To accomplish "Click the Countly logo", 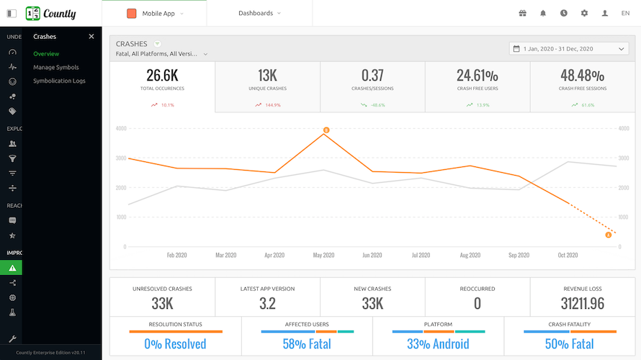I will tap(50, 13).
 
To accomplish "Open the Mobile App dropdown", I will tap(154, 13).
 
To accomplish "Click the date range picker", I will tap(569, 48).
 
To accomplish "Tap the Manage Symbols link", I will tap(56, 68).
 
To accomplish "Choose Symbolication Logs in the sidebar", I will tap(59, 81).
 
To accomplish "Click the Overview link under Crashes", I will tap(46, 54).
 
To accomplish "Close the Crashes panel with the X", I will tap(91, 37).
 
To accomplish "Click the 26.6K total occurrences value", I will tap(162, 76).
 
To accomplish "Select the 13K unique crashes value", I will tap(267, 76).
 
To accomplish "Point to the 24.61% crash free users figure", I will tap(478, 76).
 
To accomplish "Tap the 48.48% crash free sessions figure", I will tap(583, 76).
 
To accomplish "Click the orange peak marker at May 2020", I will tap(326, 130).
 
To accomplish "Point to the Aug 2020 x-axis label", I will tap(470, 255).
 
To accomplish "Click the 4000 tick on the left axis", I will tap(120, 128).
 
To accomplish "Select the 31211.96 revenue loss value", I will tap(583, 303).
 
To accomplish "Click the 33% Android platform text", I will tap(438, 343).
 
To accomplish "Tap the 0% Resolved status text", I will tap(175, 343).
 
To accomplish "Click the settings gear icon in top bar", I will tap(584, 13).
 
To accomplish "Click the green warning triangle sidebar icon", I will tap(12, 267).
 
